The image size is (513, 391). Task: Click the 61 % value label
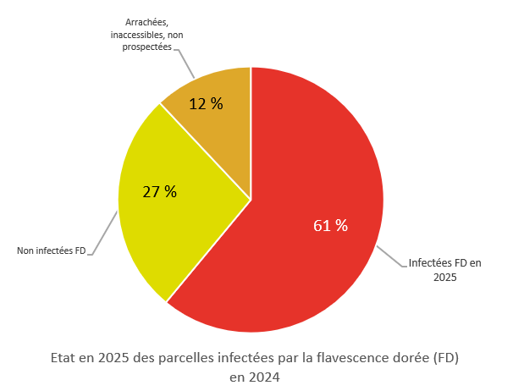pos(330,226)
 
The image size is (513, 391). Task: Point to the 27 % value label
pos(159,191)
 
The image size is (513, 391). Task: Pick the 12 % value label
pos(206,104)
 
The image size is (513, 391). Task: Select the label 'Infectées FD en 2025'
pos(444,269)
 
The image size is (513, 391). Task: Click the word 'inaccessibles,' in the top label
pos(136,36)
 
